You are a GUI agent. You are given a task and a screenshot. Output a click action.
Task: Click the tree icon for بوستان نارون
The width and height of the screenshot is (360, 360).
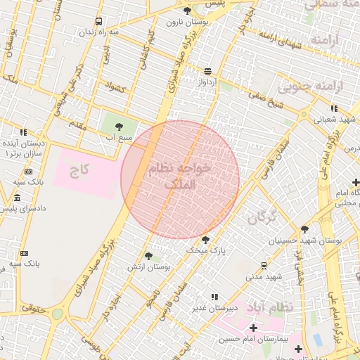tap(186, 11)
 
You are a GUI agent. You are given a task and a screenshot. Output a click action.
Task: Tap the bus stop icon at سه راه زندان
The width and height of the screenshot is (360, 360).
tap(98, 22)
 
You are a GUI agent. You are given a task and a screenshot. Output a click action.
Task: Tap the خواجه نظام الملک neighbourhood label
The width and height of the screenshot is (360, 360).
tap(180, 176)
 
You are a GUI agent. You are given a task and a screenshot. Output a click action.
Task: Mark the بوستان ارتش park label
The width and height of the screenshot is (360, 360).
tap(149, 267)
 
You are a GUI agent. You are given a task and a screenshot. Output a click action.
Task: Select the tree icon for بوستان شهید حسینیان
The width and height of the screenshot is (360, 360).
tap(304, 229)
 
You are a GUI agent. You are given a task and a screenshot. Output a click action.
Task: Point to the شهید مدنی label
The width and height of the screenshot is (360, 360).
tap(264, 276)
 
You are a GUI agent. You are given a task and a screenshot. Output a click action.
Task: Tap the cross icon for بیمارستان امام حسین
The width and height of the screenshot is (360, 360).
tap(253, 328)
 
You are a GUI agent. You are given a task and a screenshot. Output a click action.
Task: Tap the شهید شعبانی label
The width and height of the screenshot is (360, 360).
tap(334, 119)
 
